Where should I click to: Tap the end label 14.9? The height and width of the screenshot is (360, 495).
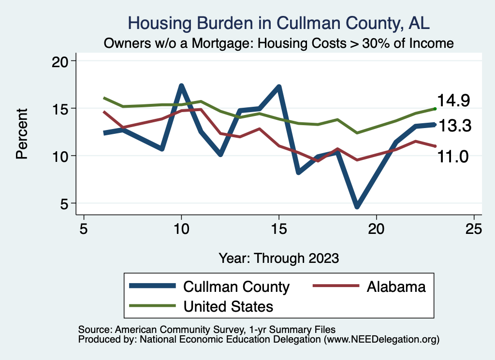[453, 100]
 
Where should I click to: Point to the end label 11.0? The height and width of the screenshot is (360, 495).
[453, 156]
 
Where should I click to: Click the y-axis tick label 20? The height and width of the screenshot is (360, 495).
[60, 61]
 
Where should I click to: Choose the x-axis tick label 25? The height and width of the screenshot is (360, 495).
[474, 229]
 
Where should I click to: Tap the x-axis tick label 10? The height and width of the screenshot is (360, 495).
[181, 229]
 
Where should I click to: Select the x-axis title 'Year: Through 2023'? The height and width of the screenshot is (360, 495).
[278, 258]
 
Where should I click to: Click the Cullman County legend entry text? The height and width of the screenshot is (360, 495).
[236, 287]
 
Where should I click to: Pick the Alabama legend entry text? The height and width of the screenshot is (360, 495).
[396, 287]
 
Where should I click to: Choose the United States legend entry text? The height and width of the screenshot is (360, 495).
[228, 306]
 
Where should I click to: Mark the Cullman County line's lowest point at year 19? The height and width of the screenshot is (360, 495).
[357, 206]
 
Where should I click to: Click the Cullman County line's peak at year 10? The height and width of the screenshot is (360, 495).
[181, 86]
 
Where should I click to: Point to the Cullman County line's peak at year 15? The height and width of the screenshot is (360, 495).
[279, 87]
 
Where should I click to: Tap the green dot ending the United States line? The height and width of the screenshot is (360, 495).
[435, 109]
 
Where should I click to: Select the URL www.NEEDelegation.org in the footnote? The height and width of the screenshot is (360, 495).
[382, 340]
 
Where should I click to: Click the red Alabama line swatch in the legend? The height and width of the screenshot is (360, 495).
[336, 287]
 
